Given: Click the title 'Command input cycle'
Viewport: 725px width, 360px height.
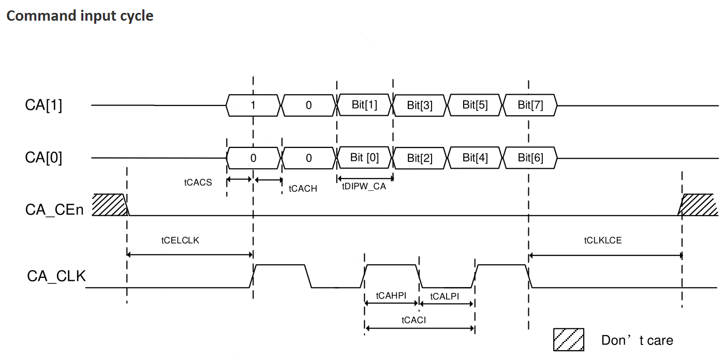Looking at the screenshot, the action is pos(80,16).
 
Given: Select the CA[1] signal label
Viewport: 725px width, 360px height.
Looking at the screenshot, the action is pos(43,105).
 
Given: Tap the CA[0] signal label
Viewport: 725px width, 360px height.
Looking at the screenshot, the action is pos(43,158).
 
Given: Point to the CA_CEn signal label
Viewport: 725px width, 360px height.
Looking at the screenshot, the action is pos(54,209).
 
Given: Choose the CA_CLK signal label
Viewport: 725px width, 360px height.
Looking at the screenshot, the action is pos(56,276).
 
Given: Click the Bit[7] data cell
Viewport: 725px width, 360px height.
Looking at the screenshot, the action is pos(530,105).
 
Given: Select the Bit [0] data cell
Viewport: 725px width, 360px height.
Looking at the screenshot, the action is pos(364,158).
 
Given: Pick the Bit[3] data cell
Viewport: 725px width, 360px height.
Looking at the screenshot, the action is pos(420,106).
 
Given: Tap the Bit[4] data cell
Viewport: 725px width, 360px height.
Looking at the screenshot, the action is pos(475,158).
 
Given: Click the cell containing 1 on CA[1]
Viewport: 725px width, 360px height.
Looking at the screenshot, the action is pos(253,105).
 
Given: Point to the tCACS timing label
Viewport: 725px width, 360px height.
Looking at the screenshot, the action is pos(198,183).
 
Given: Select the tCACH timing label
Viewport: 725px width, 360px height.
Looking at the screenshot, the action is pos(303,189).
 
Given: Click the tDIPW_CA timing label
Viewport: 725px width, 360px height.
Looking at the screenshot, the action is pos(364,186).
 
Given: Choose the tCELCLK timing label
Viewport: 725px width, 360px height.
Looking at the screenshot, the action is pos(180,241).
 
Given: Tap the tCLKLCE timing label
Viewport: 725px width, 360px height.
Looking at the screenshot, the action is pos(603,241).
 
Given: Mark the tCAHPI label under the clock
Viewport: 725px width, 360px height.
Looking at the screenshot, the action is pos(391,296).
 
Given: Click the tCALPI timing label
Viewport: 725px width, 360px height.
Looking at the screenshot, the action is pos(445,296).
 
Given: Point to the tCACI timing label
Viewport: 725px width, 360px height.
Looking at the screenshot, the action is pos(413,320).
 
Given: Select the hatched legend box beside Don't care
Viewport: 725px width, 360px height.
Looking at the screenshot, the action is pos(569,340).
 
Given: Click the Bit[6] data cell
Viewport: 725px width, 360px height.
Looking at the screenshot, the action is pos(530,158).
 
